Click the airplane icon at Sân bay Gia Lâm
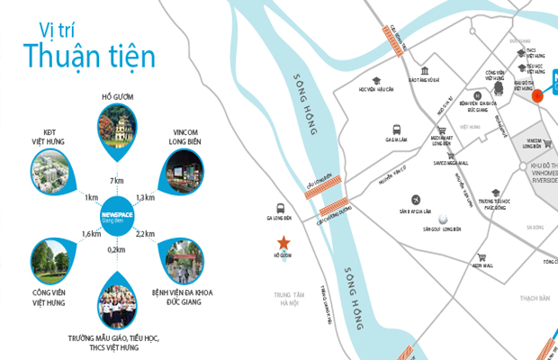[x=415, y=199]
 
